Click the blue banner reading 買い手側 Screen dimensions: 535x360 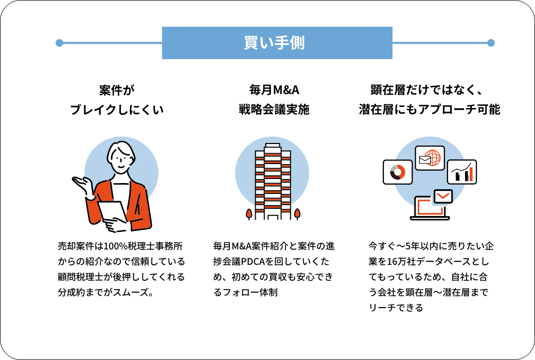(x=277, y=43)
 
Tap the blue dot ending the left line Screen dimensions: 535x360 (x=59, y=43)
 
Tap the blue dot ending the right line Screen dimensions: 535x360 (x=491, y=43)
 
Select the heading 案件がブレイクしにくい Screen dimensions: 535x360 (x=117, y=100)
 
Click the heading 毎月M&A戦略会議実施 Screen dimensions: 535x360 (x=274, y=100)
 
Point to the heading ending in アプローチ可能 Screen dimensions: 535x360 (x=429, y=100)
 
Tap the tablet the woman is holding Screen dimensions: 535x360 (x=112, y=211)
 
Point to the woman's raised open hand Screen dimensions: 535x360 (x=82, y=184)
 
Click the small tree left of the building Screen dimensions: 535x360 (x=249, y=214)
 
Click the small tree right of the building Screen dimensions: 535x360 (x=297, y=214)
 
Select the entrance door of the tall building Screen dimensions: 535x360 (x=273, y=217)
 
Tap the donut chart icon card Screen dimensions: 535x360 (x=398, y=172)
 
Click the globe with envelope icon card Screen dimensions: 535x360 (x=430, y=158)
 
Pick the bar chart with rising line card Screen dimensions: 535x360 (x=462, y=172)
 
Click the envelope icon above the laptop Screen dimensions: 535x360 (x=443, y=196)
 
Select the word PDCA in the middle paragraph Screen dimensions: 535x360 (x=253, y=261)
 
